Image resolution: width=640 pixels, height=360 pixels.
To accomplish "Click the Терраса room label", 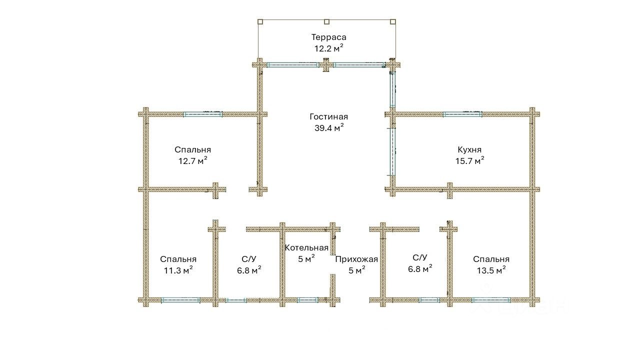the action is tap(328, 37).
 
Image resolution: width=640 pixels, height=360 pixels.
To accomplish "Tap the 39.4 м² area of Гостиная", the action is tap(329, 127).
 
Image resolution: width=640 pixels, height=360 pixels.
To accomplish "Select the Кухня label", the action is tap(469, 149).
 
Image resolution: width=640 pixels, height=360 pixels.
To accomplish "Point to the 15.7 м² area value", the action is tap(469, 161).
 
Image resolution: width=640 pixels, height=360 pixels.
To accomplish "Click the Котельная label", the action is tap(306, 247).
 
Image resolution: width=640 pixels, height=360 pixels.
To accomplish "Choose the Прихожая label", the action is tap(356, 259).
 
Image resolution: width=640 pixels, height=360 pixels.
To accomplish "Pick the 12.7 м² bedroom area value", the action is tap(192, 161).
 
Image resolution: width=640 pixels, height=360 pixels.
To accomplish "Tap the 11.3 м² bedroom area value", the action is tap(178, 270).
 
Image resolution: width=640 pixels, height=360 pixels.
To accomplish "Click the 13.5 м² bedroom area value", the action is tap(491, 270).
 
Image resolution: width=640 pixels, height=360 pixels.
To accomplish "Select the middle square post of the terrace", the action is tap(326, 21).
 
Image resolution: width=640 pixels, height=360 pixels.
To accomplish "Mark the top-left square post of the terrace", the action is tap(260, 21).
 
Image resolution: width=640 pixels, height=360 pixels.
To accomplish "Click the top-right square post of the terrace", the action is tap(393, 21).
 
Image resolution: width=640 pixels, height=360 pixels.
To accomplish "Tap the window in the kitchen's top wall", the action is tap(462, 114).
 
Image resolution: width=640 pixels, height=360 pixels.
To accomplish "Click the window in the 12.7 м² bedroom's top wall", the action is tap(202, 114).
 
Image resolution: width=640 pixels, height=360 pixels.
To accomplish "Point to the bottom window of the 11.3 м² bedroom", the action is tap(180, 300).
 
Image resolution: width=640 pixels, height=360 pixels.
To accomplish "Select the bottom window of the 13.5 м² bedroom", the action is tap(491, 300).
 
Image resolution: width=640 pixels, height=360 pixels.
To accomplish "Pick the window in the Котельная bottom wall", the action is tap(307, 300).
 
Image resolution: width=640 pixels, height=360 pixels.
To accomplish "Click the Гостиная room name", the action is tap(328, 117).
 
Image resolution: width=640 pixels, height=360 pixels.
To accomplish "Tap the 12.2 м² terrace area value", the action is tap(328, 48).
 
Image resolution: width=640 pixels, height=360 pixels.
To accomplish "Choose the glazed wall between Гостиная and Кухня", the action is tap(392, 152).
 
